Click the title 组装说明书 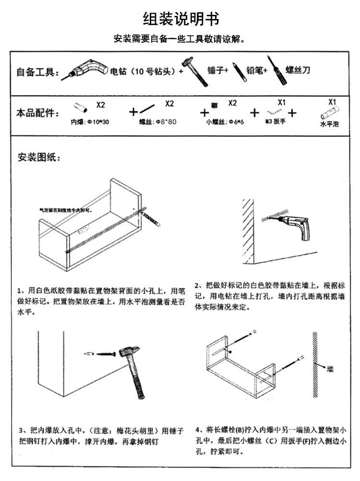[x=181, y=19]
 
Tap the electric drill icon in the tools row [x=89, y=70]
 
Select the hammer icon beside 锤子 [x=194, y=71]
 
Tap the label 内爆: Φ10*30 [x=90, y=122]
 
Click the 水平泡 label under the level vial [x=329, y=124]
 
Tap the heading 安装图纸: [x=39, y=157]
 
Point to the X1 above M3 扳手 [x=282, y=103]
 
